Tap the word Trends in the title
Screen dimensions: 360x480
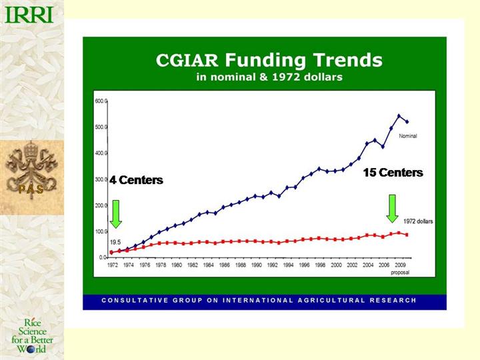(x=351, y=61)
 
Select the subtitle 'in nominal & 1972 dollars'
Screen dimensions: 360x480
(x=269, y=77)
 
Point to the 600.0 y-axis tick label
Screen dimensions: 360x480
(x=101, y=101)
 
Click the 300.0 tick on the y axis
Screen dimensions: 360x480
(x=101, y=180)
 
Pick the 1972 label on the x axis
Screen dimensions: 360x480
(x=113, y=265)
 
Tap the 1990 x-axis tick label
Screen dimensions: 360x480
(x=257, y=265)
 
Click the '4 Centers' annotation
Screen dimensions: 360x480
(x=136, y=181)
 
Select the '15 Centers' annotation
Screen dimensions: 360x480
(x=393, y=173)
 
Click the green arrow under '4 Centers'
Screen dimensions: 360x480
(x=116, y=213)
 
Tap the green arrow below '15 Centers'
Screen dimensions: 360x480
(x=392, y=208)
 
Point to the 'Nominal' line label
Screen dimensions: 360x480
(x=408, y=136)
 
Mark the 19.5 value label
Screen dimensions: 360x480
(x=115, y=241)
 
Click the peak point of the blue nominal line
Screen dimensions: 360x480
(x=399, y=116)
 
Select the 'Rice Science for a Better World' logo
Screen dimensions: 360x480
(x=32, y=336)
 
